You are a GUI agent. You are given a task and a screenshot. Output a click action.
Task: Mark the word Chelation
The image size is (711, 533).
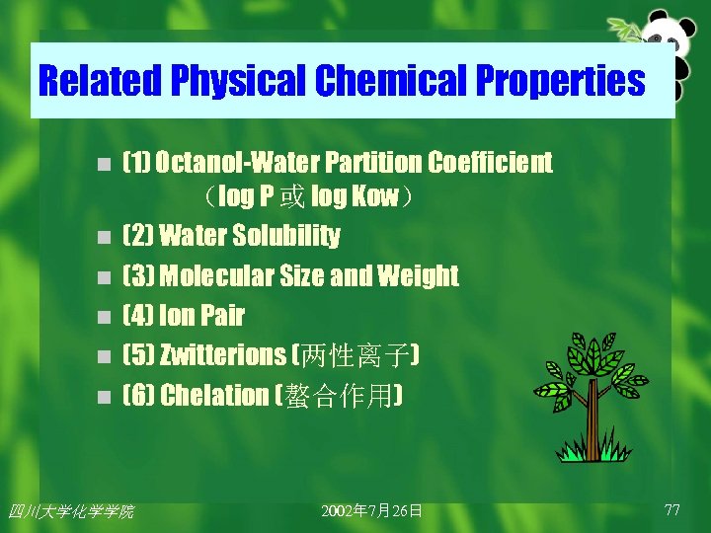(x=214, y=396)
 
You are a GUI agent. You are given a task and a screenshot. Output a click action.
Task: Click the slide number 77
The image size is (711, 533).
(x=672, y=509)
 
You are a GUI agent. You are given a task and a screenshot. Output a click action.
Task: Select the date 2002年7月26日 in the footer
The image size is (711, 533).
(x=372, y=510)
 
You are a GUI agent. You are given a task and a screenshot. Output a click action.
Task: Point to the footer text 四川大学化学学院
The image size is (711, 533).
(x=70, y=510)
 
